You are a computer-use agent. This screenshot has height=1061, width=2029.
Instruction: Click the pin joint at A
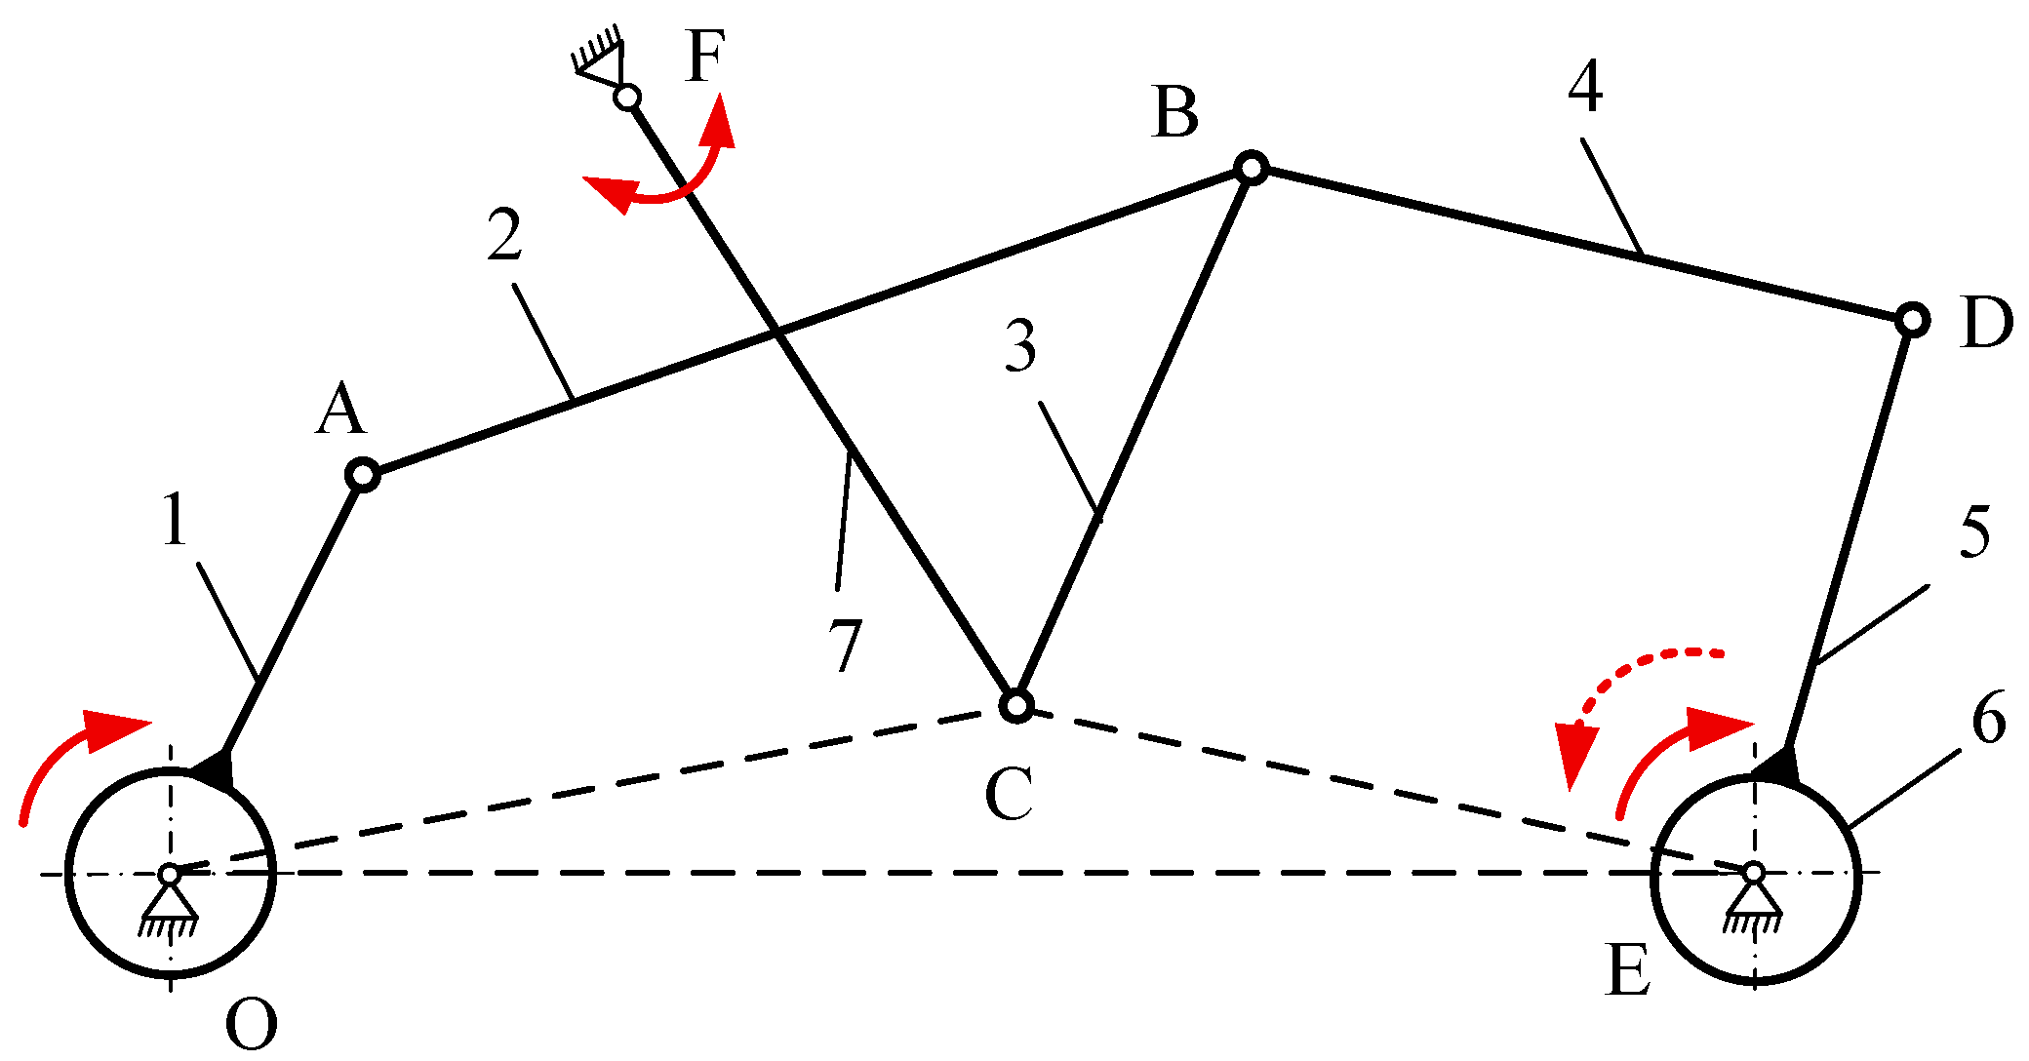point(362,475)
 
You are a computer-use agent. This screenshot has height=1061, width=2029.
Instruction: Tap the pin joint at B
point(1252,168)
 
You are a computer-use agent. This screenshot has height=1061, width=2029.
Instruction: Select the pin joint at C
point(1015,704)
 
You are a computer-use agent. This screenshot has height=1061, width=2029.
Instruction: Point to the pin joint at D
point(1913,319)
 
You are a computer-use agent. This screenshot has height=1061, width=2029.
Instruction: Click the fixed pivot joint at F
point(628,98)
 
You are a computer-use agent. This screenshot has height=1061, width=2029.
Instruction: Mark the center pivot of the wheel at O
point(170,874)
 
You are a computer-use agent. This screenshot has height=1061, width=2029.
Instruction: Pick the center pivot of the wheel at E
point(1754,872)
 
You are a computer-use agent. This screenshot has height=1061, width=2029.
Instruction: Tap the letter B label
point(1174,112)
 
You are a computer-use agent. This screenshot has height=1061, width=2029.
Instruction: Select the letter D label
point(1987,323)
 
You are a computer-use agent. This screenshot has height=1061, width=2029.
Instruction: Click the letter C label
point(1008,794)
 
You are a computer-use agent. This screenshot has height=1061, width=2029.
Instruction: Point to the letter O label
point(251,1025)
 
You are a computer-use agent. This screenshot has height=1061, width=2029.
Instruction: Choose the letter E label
point(1628,971)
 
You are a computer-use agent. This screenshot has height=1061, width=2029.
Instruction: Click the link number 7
point(845,645)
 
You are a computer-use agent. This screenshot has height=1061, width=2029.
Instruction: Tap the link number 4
point(1585,88)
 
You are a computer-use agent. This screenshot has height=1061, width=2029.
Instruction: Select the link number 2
point(504,236)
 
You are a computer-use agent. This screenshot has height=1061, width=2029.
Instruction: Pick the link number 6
point(1988,719)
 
